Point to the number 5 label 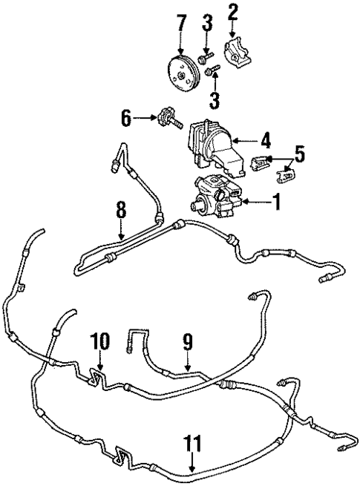click(x=299, y=154)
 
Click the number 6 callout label click(x=126, y=117)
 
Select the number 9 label click(x=189, y=344)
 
